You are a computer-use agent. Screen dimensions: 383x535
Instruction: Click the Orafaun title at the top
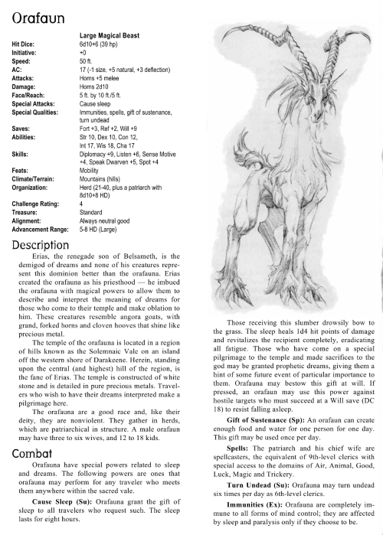tap(37, 15)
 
